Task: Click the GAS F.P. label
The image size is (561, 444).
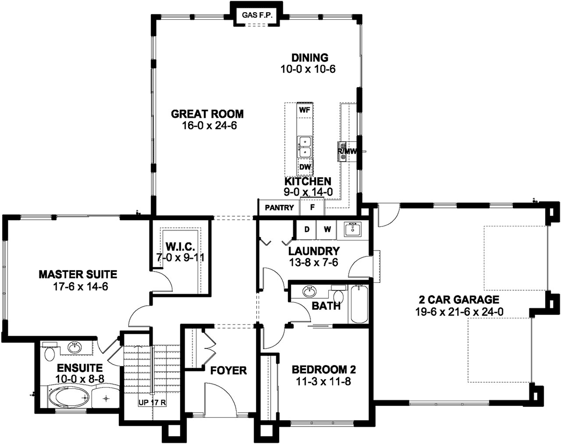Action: pyautogui.click(x=257, y=15)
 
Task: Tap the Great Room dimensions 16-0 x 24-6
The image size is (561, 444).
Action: pyautogui.click(x=209, y=126)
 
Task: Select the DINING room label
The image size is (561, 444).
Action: pyautogui.click(x=309, y=57)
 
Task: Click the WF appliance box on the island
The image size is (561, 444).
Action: pyautogui.click(x=305, y=110)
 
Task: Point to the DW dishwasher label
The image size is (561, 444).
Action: pyautogui.click(x=305, y=167)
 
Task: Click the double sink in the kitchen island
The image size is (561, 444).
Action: pyautogui.click(x=305, y=147)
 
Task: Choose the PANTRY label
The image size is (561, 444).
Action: pyautogui.click(x=279, y=208)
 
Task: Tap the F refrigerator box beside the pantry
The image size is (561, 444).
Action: pyautogui.click(x=312, y=206)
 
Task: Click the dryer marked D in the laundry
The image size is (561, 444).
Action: pyautogui.click(x=307, y=230)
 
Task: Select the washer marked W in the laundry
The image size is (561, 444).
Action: pyautogui.click(x=326, y=230)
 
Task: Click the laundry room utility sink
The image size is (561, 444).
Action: pyautogui.click(x=352, y=230)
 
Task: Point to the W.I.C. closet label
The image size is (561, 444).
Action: pyautogui.click(x=180, y=246)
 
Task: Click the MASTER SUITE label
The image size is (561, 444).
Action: pyautogui.click(x=78, y=275)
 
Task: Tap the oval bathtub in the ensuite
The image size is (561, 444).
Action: pyautogui.click(x=69, y=397)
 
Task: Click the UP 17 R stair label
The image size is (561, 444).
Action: pyautogui.click(x=152, y=402)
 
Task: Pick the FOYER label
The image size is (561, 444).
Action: pyautogui.click(x=228, y=371)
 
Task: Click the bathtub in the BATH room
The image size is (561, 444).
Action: pyautogui.click(x=359, y=304)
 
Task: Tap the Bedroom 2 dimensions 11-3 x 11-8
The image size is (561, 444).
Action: pyautogui.click(x=324, y=382)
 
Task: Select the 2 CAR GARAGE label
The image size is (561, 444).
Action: pyautogui.click(x=459, y=299)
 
